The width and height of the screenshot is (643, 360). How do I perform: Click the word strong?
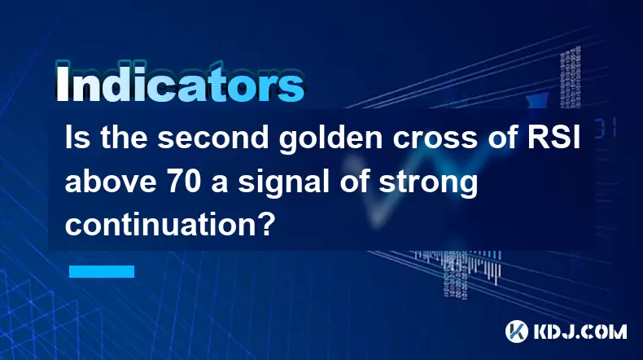[x=428, y=183]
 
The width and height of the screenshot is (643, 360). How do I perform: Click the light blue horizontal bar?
[x=102, y=271]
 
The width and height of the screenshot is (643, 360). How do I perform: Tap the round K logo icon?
[x=516, y=331]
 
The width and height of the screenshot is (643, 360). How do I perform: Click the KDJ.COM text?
[x=580, y=331]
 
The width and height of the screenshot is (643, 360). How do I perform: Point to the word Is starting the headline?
[x=77, y=137]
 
